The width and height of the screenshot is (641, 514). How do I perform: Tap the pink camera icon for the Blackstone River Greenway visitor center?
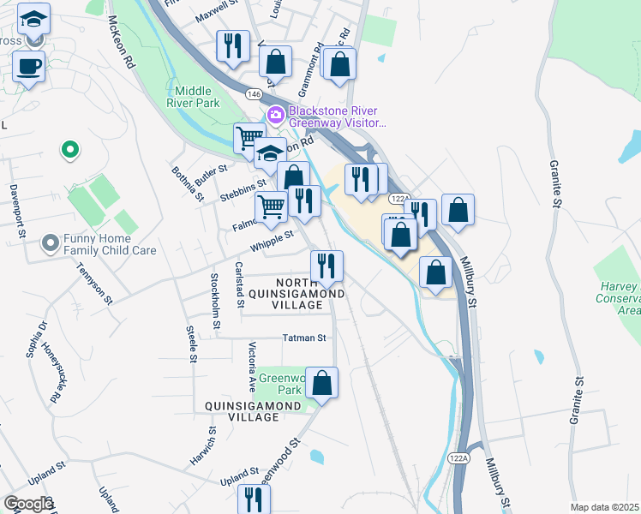coord(276,115)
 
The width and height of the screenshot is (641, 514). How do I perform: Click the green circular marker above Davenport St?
coord(69,151)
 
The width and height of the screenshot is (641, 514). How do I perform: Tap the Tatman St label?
coord(304,338)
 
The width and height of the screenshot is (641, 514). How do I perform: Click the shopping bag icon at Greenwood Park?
coord(321,382)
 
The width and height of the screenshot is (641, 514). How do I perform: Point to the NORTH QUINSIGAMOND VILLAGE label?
coord(309,294)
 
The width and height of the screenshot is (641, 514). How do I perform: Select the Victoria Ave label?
coord(253,363)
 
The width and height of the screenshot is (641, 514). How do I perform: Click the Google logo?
coord(28,504)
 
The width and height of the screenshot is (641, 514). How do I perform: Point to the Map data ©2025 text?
coord(604,507)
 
